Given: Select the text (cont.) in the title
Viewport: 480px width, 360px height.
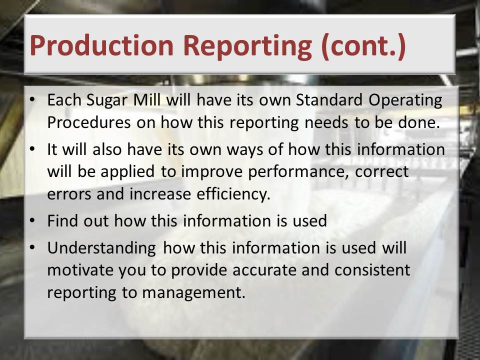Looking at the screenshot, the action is pos(363,46).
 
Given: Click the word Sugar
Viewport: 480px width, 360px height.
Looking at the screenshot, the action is pos(107,100).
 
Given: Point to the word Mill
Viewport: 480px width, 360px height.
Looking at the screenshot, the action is pos(146,99).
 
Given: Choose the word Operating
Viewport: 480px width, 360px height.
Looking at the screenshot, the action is pos(405,100).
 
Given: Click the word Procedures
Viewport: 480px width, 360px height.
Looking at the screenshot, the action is pos(89,122).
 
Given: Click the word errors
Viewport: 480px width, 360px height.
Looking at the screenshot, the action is pos(69,194).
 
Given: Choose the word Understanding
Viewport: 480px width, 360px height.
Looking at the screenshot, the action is pos(101,248).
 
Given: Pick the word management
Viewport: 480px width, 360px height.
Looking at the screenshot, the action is pos(194,293).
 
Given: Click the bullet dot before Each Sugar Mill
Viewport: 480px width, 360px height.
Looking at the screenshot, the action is pos(32,99).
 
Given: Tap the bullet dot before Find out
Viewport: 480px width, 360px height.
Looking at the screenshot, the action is pos(32,220).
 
